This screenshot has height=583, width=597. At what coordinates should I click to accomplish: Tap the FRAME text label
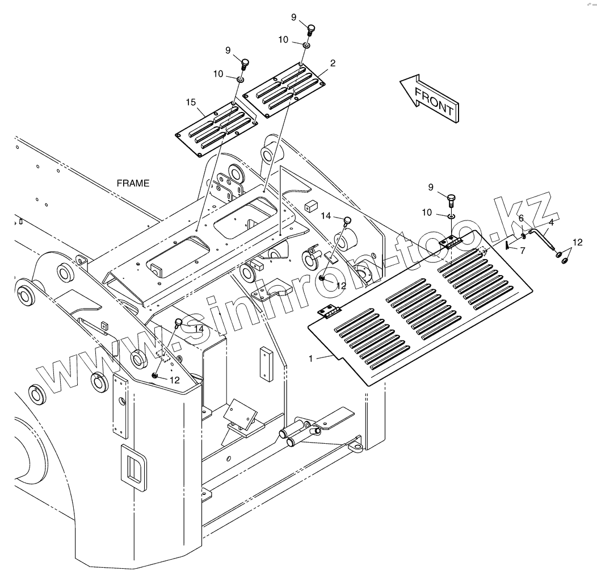point(133,183)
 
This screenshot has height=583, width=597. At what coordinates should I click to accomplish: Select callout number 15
point(191,102)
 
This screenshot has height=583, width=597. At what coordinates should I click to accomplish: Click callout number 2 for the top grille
point(333,63)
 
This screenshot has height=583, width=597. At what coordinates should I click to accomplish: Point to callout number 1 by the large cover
point(310,359)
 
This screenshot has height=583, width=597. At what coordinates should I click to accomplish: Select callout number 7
point(522,250)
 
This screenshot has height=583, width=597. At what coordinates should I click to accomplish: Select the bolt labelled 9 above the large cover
point(451,199)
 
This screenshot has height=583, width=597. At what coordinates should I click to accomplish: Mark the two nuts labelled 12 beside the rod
point(562,256)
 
